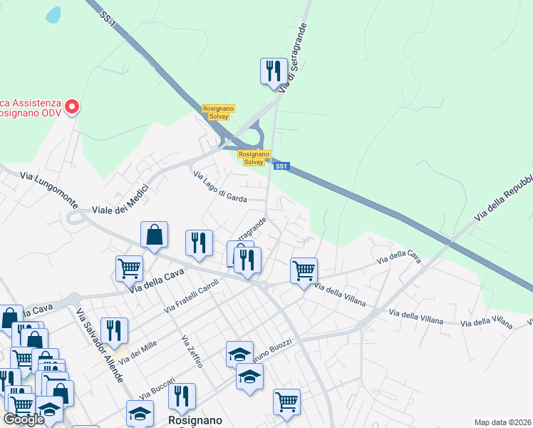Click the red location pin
72,107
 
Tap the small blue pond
53,14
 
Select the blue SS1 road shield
281,166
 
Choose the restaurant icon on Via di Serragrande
274,71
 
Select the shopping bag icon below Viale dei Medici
155,235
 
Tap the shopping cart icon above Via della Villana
304,271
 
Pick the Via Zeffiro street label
192,351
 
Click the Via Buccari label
157,387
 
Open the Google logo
23,419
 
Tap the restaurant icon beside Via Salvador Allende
114,330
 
